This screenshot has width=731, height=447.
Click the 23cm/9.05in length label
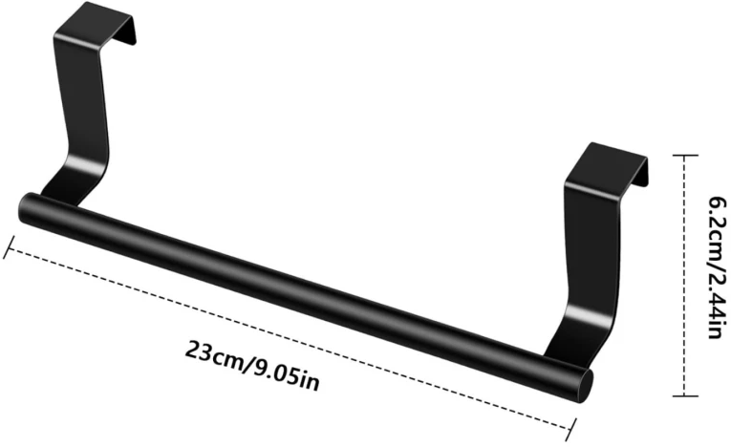click(x=252, y=367)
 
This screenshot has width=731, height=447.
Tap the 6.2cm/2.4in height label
click(x=718, y=267)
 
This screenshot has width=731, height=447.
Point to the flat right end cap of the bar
click(x=586, y=386)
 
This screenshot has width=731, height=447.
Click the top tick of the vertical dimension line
click(x=685, y=156)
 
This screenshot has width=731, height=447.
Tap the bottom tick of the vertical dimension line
click(x=685, y=396)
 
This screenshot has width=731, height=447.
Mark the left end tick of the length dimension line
click(x=10, y=247)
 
